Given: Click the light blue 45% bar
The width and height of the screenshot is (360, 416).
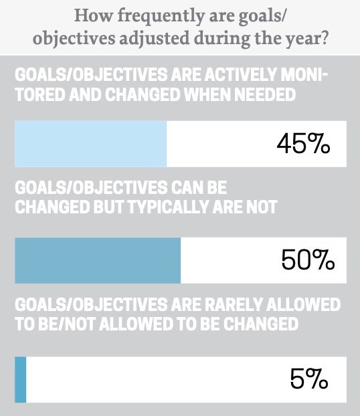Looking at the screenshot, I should tap(90, 144).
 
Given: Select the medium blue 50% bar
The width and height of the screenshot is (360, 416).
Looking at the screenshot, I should tap(98, 260).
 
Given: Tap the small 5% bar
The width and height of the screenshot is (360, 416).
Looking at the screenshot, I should tap(20, 380).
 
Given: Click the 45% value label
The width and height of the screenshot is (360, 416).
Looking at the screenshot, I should tap(303, 144).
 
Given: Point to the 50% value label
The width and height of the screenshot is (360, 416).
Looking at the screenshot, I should tap(307, 260).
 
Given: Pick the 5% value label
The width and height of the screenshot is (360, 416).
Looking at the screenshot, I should tap(309, 380).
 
